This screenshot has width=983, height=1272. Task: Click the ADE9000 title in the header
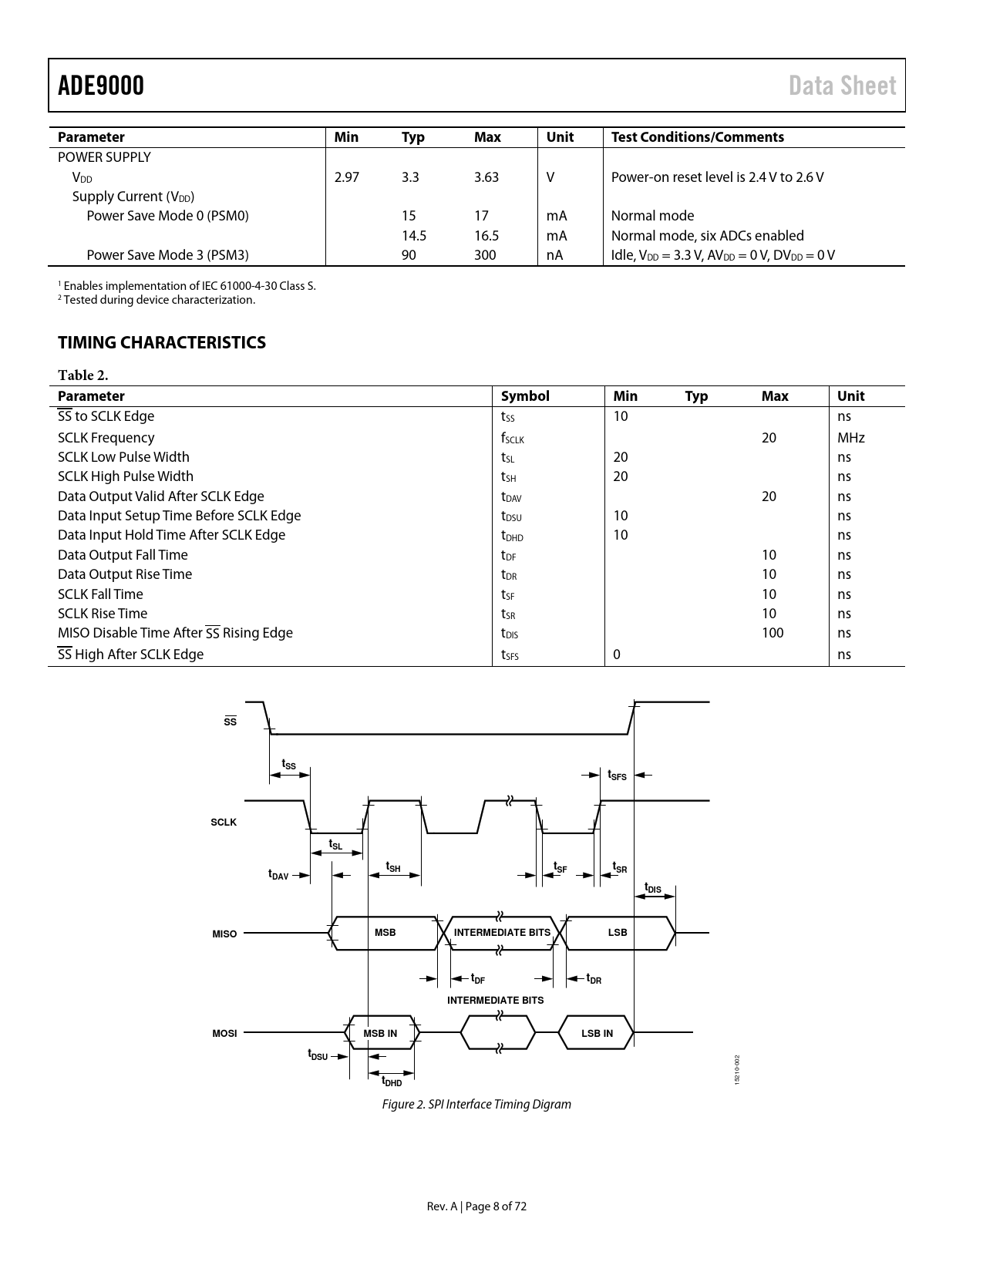tap(101, 86)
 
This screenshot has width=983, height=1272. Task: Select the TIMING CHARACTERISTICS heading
tap(162, 342)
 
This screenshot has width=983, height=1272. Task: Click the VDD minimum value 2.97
tap(347, 177)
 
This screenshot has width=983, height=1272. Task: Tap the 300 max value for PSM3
tap(485, 255)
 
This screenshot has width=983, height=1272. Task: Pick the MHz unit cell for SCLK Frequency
tap(851, 438)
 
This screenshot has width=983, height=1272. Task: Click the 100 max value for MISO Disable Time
tap(772, 633)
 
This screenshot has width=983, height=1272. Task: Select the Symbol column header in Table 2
tap(525, 396)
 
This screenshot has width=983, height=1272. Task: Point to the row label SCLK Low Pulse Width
tap(123, 457)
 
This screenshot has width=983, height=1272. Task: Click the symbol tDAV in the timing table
tap(511, 497)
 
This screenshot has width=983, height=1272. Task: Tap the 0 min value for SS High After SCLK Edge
tap(617, 655)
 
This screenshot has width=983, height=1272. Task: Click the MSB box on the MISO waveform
tap(385, 933)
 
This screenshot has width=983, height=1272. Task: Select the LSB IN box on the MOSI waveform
tap(597, 1033)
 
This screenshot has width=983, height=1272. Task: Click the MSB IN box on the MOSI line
tap(380, 1033)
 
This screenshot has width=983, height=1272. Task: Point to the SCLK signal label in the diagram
tap(224, 823)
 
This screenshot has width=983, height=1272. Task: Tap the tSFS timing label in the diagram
tap(617, 776)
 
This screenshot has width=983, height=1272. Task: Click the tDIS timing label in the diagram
tap(652, 888)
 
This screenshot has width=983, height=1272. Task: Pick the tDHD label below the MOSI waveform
tap(392, 1082)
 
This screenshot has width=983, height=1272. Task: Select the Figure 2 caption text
tap(476, 1104)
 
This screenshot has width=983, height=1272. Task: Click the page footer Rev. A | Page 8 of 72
tap(476, 1206)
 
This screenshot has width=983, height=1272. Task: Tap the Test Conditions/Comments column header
tap(697, 137)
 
